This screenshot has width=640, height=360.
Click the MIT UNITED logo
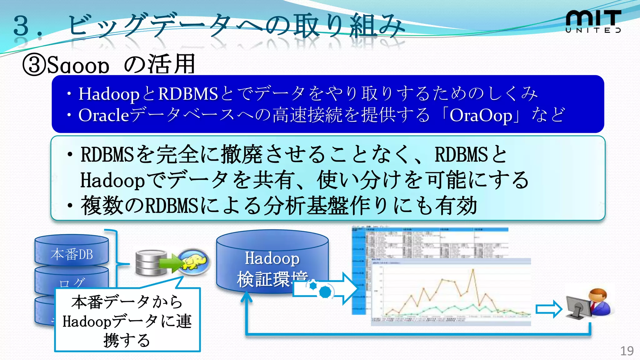coord(593,21)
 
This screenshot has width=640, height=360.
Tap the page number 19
coord(627,351)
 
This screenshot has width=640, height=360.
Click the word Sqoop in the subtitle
coord(78,65)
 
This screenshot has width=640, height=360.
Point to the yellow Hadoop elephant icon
coord(194,261)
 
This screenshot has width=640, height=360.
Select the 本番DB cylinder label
coord(72,254)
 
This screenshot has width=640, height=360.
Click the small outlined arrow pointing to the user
coord(549,309)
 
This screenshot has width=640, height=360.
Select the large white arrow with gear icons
coord(325,288)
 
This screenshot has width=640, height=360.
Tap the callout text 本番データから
coord(127,302)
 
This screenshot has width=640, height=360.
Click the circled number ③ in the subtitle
coord(34,65)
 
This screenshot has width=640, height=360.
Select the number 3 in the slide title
coord(21,26)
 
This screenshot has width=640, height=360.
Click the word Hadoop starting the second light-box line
coord(112,181)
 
